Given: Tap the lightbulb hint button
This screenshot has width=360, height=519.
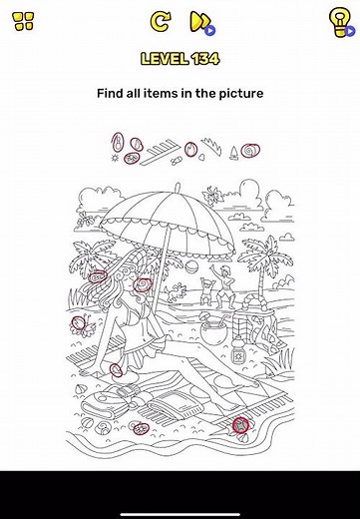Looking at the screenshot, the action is point(340,23).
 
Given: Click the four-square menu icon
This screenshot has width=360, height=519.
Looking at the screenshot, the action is point(24,21).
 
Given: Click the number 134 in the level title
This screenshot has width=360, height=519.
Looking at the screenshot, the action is point(205,59).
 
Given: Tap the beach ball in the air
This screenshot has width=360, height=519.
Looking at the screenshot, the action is point(191,266).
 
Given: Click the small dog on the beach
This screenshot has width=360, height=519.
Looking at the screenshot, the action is point(177,292).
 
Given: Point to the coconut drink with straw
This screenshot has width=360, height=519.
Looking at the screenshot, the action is point(214,328).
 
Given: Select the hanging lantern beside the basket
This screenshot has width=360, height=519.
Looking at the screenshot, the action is point(238,353).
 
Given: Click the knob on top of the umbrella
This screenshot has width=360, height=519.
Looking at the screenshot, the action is point(178,187).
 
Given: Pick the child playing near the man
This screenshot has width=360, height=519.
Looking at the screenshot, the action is point(206,291).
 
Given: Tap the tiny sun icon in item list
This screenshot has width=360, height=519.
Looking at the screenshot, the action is point(115,158).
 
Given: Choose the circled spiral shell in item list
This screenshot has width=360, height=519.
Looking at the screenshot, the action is point(250,151).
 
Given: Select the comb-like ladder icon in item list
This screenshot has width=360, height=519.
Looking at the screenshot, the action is point(160,152).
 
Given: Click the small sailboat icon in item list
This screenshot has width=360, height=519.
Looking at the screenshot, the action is point(234,153).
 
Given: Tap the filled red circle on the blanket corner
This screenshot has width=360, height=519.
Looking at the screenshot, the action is point(240,425).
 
